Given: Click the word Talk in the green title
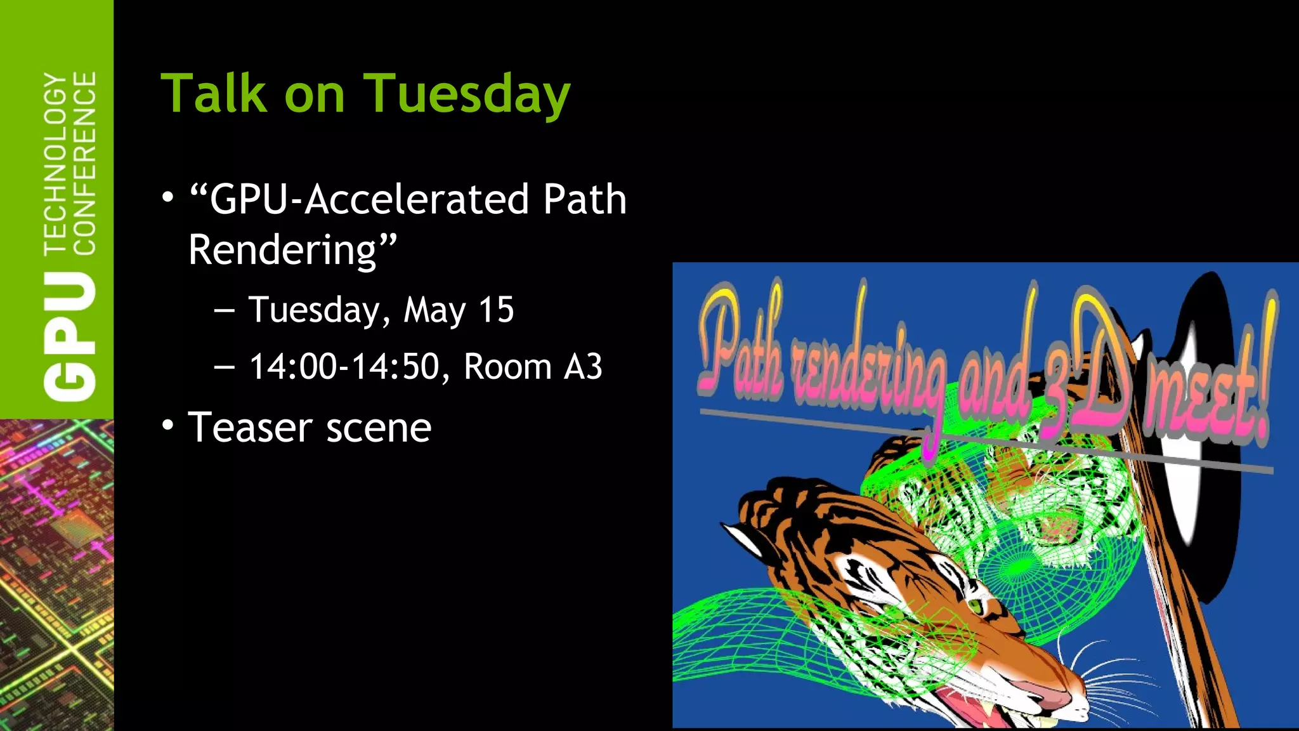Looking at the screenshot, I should coord(214,94).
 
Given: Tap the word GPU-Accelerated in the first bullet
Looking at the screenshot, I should coord(369,199).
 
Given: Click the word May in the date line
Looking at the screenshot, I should coord(434,311).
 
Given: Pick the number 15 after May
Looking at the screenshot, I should coord(495,310).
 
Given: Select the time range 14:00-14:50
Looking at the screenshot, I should coord(344,367).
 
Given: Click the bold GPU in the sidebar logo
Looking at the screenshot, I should coord(70,336).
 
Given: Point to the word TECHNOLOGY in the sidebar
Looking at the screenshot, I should coord(56,164).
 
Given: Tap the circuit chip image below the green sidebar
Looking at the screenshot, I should coord(56,574).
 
